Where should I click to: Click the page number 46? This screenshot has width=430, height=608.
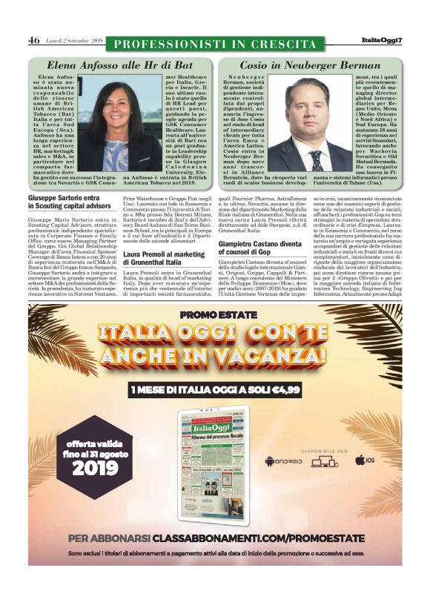(x=34, y=40)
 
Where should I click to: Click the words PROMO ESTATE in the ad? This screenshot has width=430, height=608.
(x=214, y=314)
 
